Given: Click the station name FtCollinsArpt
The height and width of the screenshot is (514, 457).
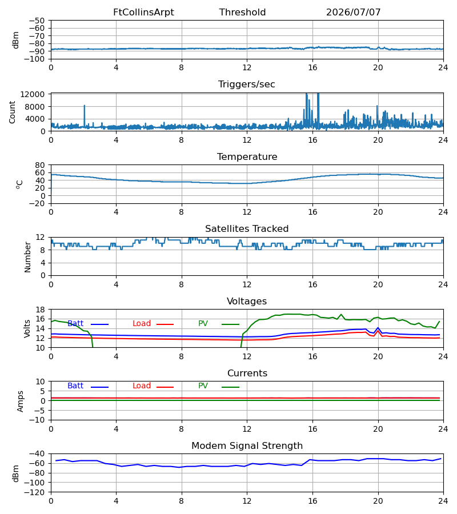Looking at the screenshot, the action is pos(143,13).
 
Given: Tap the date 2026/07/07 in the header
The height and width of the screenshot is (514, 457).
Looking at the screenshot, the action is pos(354,13).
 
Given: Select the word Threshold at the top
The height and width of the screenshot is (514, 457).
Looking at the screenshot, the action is pos(243,13).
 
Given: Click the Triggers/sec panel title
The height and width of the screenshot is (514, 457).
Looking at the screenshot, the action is pos(247,85).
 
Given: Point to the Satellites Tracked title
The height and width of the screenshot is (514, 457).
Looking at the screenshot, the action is pos(247,229).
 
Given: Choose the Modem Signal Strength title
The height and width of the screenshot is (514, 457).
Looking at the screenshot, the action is pos(247,446).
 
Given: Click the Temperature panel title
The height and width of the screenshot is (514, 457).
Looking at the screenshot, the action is pos(247,156).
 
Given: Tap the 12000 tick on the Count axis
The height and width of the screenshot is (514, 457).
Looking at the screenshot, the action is pos(33,94).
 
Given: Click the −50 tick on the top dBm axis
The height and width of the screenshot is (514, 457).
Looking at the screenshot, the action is pos(37,21).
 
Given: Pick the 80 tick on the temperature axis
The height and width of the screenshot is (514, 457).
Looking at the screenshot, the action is pos(41,165).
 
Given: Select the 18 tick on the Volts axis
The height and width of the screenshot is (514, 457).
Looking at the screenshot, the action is pos(41,310).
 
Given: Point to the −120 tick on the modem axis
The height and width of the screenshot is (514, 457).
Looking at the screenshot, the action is pos(35,492).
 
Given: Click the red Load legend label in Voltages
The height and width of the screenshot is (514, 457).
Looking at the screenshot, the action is pos(142,324).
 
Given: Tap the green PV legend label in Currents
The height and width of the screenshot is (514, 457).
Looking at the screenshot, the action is pos(203,386).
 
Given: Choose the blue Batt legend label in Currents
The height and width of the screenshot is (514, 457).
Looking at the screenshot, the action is pos(75,386).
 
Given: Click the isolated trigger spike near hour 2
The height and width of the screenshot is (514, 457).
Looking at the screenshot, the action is pos(84,106).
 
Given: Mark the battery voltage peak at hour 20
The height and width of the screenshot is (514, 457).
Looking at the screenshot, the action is pos(378,328).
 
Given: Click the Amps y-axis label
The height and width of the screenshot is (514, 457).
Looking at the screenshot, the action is pos(21,401).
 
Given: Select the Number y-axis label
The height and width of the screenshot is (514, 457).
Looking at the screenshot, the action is pos(27,258).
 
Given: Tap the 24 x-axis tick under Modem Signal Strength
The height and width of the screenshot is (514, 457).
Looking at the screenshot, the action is pos(443,501).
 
